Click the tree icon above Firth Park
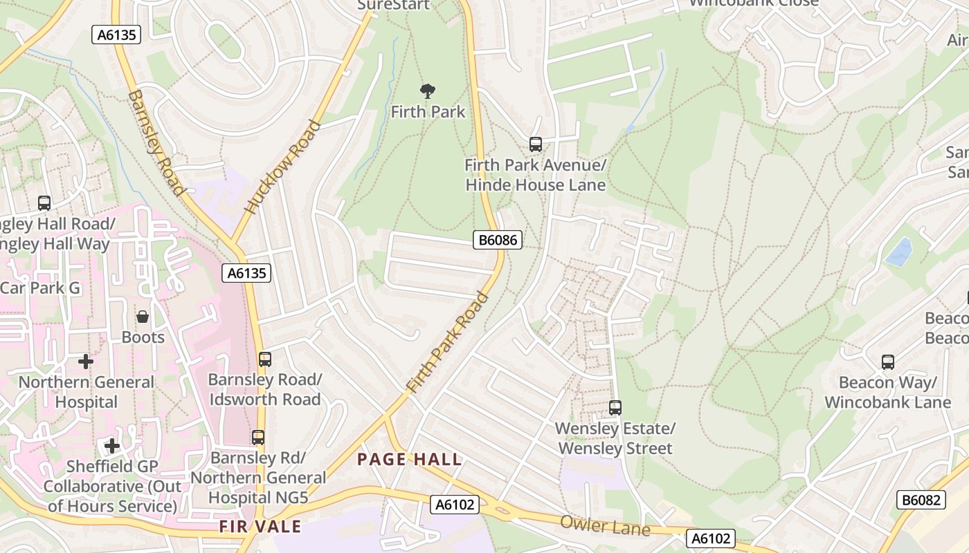pos(428,91)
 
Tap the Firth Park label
pos(428,111)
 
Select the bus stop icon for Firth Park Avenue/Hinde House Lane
pos(535,144)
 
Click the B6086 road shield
pos(497,240)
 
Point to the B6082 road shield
pos(921,500)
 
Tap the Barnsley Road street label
pos(156,142)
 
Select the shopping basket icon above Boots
pos(143,317)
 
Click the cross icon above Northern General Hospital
pos(86,362)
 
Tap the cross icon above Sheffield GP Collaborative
pos(112,446)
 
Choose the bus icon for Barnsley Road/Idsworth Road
pos(264,359)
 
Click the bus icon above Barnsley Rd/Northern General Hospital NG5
pos(258,438)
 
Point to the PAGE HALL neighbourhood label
pos(409,460)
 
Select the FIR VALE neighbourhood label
pos(260,527)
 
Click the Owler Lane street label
pos(605,525)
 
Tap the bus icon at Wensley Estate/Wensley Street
pos(615,408)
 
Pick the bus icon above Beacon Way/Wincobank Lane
pos(887,362)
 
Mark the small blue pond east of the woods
pos(898,252)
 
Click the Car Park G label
pos(40,288)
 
